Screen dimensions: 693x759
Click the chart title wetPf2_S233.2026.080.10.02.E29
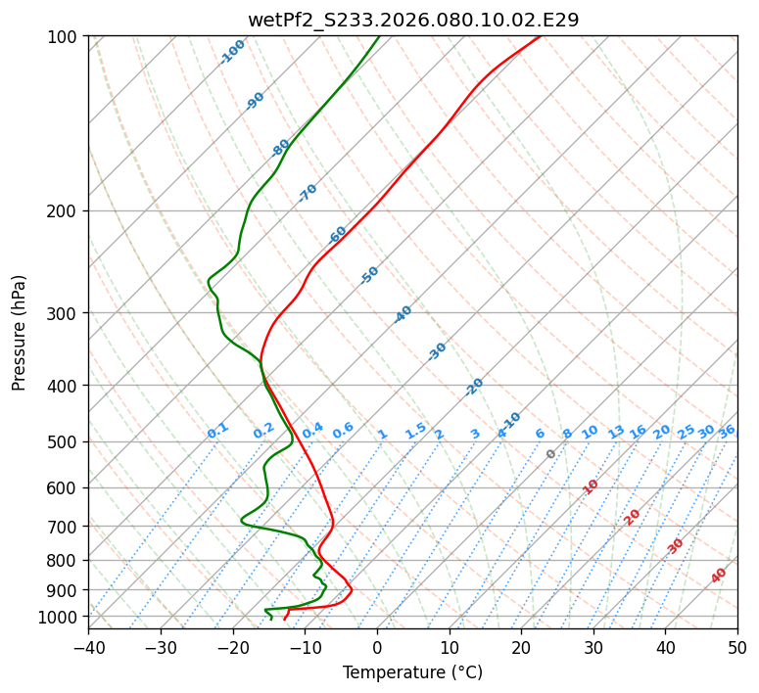tap(412, 20)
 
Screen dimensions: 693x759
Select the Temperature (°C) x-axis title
tap(412, 672)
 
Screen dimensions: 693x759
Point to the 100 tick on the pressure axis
tap(66, 37)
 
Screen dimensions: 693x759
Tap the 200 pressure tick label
tap(66, 211)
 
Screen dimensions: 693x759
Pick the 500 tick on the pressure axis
tap(66, 442)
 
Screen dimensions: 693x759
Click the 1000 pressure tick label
tap(62, 617)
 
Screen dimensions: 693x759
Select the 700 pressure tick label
tap(66, 527)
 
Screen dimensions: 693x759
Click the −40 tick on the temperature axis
tap(88, 647)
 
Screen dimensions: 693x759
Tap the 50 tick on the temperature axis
tap(737, 647)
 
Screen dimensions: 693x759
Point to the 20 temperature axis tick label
tap(521, 647)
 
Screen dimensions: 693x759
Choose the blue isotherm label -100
tap(233, 51)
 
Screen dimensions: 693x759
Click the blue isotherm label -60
tap(338, 235)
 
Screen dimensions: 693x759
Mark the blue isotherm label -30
tap(438, 351)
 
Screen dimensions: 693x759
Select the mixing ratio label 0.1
tap(217, 430)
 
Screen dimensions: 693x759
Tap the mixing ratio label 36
tap(727, 431)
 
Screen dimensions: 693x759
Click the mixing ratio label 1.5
tap(415, 430)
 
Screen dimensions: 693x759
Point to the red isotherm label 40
tap(719, 576)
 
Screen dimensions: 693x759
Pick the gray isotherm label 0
tap(551, 454)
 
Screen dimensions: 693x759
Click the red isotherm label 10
tap(591, 486)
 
